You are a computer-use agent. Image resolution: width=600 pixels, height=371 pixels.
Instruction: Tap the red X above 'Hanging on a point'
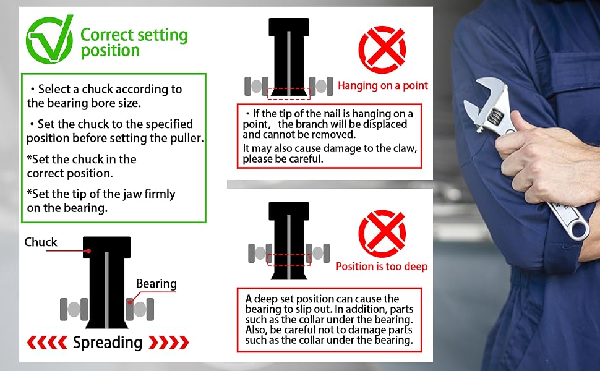pyautogui.click(x=382, y=49)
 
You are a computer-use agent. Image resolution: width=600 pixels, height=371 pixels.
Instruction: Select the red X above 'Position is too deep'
pyautogui.click(x=382, y=234)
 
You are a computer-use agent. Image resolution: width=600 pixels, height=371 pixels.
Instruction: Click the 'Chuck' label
pyautogui.click(x=41, y=242)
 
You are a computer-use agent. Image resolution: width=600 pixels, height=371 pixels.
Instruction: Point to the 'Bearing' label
pyautogui.click(x=156, y=284)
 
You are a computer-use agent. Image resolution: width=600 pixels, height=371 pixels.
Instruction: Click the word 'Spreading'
pyautogui.click(x=108, y=343)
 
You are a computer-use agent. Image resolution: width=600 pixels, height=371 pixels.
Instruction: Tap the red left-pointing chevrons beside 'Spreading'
pyautogui.click(x=47, y=343)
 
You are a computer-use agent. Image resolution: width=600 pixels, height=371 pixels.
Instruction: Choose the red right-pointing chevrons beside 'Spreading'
pyautogui.click(x=168, y=343)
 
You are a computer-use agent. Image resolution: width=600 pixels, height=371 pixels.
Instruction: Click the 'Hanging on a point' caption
pyautogui.click(x=383, y=86)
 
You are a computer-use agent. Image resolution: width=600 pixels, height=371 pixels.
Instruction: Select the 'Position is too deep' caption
pyautogui.click(x=382, y=267)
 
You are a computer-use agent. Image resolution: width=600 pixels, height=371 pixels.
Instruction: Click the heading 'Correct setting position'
pyautogui.click(x=134, y=43)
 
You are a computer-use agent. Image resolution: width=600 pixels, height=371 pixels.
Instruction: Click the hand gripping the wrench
pyautogui.click(x=543, y=161)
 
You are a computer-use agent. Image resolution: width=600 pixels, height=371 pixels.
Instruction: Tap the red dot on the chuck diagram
pyautogui.click(x=88, y=251)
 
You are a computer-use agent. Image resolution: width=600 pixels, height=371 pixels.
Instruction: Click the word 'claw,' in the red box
pyautogui.click(x=404, y=148)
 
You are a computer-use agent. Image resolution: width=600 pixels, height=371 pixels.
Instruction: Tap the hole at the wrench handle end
pyautogui.click(x=580, y=229)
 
